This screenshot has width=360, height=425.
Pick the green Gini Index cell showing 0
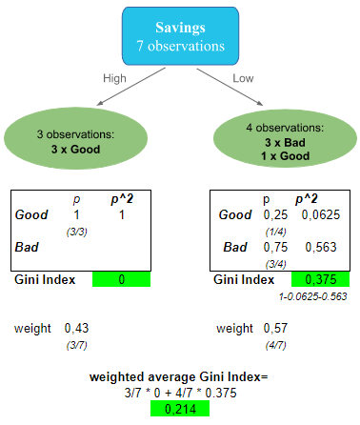coord(122,279)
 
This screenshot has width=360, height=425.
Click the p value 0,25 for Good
coord(275,215)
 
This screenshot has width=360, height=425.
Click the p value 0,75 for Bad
coord(275,248)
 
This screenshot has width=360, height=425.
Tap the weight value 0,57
coord(275,329)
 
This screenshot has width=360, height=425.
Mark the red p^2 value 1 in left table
coord(122,215)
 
